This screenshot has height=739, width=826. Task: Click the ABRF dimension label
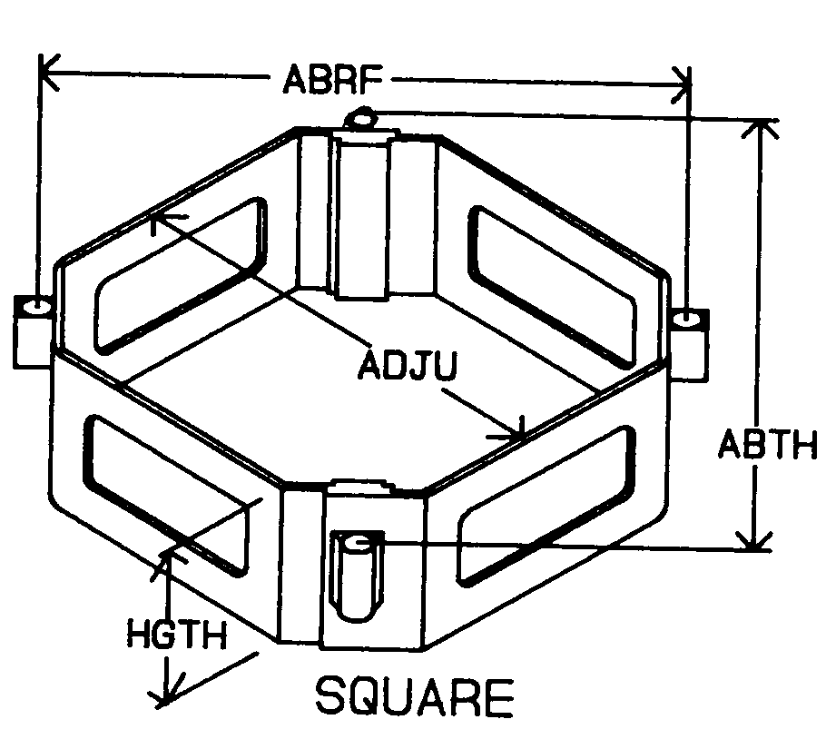coord(328,81)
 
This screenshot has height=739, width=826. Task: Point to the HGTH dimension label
coord(174,633)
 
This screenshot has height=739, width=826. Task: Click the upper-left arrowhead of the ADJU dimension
coord(162,217)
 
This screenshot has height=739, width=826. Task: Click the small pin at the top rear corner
coord(363,118)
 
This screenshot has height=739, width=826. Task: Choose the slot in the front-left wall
coord(167,490)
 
